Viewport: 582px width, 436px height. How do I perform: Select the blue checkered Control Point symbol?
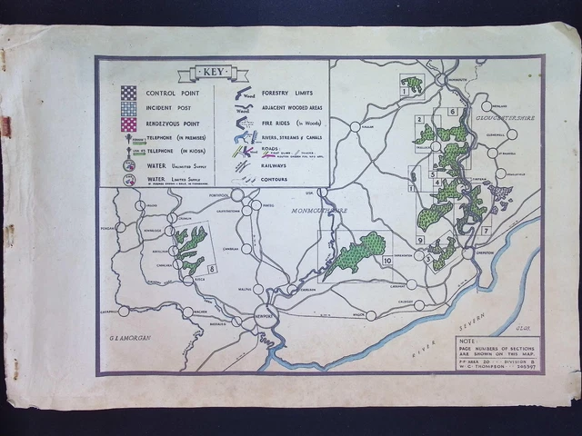pyautogui.click(x=128, y=92)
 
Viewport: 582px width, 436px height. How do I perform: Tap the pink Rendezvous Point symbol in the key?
pyautogui.click(x=128, y=124)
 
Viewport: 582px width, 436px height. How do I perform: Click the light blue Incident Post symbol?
pyautogui.click(x=128, y=107)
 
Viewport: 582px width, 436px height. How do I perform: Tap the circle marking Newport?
pyautogui.click(x=263, y=308)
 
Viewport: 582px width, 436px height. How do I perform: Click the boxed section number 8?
pyautogui.click(x=212, y=269)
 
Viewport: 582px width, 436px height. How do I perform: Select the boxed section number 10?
pyautogui.click(x=387, y=261)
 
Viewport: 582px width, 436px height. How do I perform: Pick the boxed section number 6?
pyautogui.click(x=452, y=112)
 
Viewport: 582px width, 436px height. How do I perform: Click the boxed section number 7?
pyautogui.click(x=486, y=231)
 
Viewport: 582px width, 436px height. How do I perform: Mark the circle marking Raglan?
pyautogui.click(x=355, y=127)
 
